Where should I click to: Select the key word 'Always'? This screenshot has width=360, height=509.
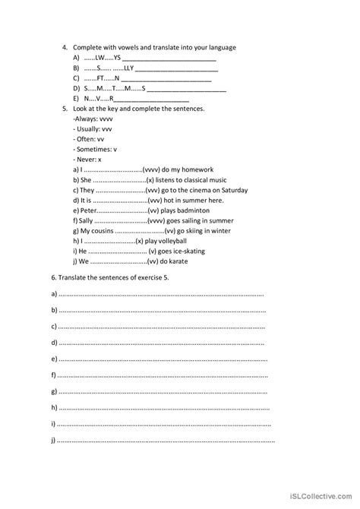click(85, 119)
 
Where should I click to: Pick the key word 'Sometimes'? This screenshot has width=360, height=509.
click(93, 150)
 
